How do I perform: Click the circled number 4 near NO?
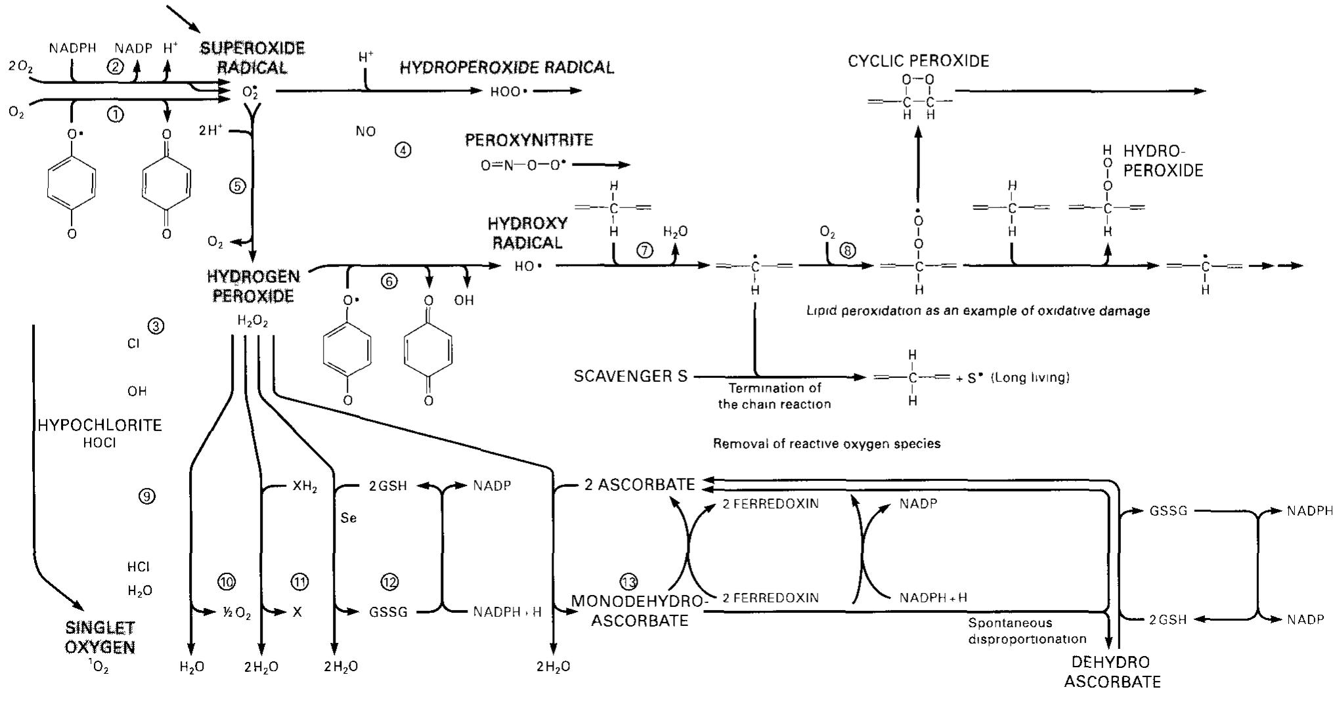coord(403,150)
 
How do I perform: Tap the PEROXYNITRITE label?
coord(529,140)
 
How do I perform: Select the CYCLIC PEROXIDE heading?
coord(918,61)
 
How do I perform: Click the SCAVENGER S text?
coord(630,376)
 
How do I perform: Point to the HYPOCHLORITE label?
coord(100,425)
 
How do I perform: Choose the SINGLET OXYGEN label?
coord(100,637)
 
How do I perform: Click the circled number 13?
coord(628,581)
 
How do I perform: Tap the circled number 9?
coord(147,497)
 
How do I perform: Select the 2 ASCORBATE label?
coord(640,485)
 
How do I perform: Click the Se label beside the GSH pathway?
coord(349,518)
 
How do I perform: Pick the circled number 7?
coord(645,250)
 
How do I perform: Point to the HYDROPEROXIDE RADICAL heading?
coord(507,68)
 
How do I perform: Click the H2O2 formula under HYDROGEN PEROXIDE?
coord(252,321)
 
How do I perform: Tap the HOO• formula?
coord(509,92)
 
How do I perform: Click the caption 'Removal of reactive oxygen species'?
coord(827,444)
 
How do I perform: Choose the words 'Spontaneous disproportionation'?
coord(1027,631)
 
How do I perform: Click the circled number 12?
coord(389,581)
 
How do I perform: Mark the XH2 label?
coord(305,486)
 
